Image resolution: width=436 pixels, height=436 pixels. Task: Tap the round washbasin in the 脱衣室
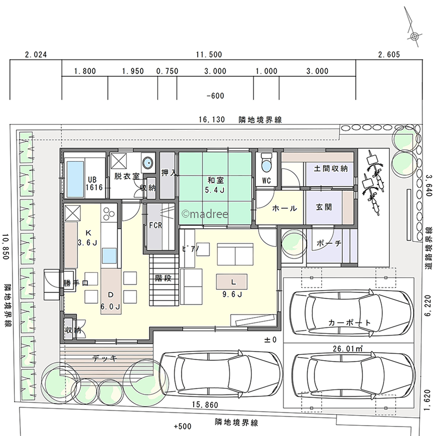click(147, 162)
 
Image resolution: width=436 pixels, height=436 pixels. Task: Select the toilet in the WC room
click(266, 163)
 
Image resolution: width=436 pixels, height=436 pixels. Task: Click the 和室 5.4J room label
click(215, 185)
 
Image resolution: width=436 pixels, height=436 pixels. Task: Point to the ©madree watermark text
click(204, 214)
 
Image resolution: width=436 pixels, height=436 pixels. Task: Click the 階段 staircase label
click(163, 278)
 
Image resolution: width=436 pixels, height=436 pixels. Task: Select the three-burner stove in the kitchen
click(109, 213)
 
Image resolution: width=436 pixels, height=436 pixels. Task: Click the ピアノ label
click(191, 248)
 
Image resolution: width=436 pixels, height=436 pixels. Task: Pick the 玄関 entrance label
click(324, 207)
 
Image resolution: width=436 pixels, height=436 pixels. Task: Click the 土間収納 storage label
click(330, 168)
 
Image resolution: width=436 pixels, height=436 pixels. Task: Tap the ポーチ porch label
click(329, 243)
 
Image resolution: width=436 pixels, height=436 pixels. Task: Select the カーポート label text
click(349, 323)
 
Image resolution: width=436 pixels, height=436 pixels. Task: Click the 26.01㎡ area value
click(347, 348)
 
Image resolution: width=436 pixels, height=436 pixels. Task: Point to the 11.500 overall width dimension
click(209, 54)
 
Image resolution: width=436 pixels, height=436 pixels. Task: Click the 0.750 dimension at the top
click(167, 71)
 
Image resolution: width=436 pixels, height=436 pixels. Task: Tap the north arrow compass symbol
click(414, 31)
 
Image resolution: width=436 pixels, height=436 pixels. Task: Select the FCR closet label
click(156, 225)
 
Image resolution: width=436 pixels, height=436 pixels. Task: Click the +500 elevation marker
click(182, 426)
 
